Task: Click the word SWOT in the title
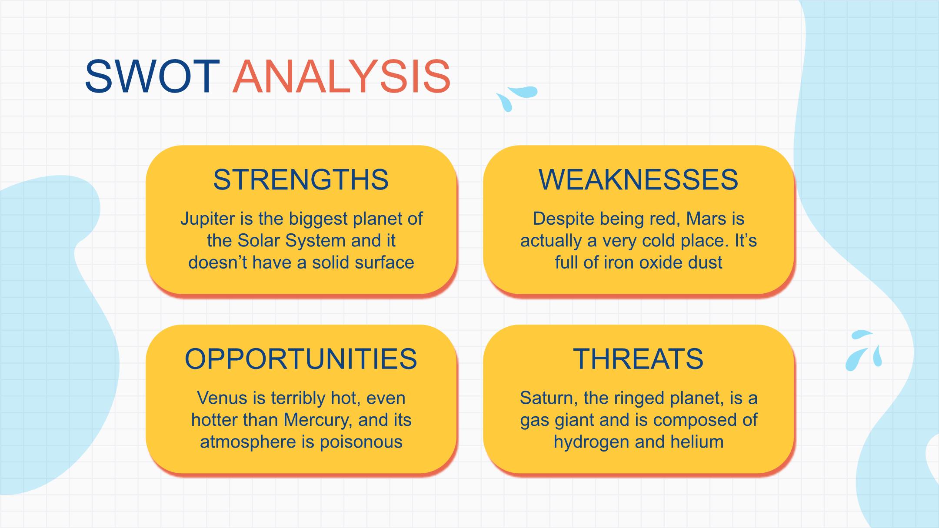point(152,76)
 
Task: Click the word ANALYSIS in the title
point(342,76)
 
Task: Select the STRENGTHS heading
point(301,179)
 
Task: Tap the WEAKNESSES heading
point(638,179)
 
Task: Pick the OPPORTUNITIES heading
point(301,359)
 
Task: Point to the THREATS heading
point(638,359)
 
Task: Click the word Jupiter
point(208,219)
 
